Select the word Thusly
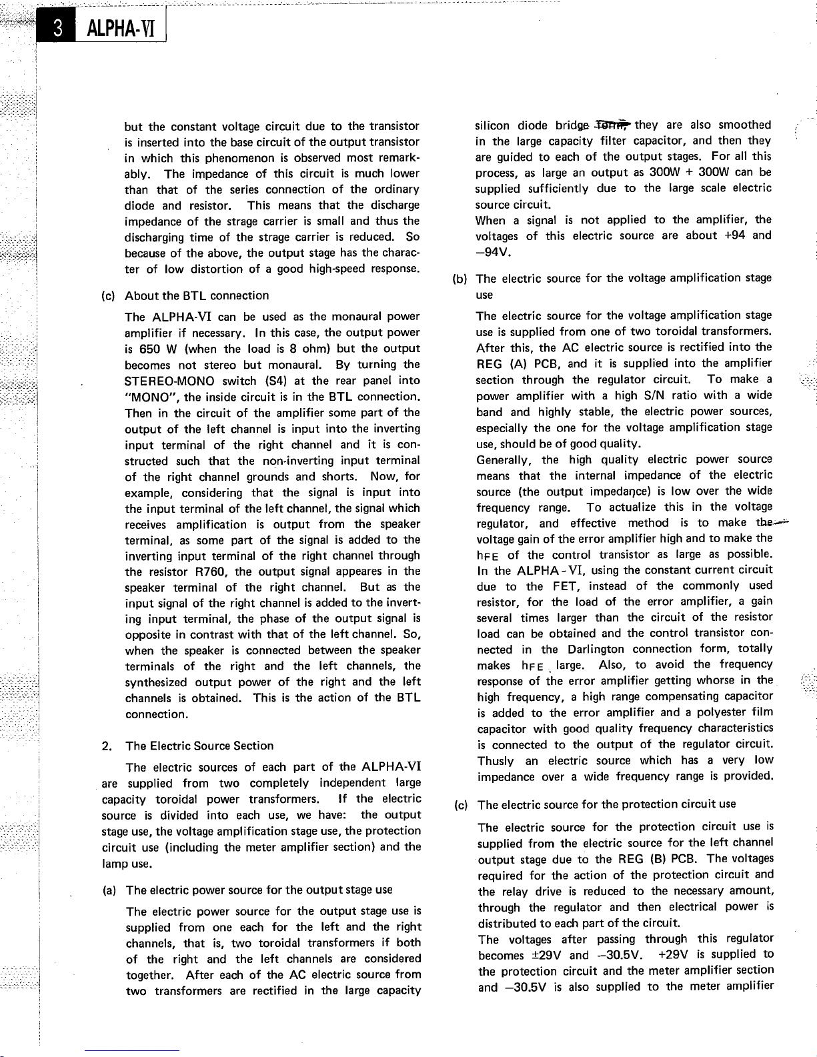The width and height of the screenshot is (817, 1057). [495, 761]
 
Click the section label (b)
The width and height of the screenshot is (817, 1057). [460, 278]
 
